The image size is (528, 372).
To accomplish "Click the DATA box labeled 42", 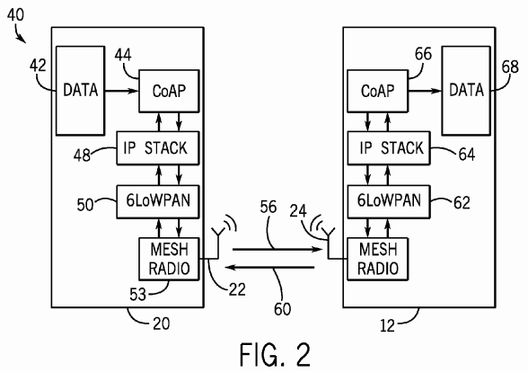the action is coord(80,91).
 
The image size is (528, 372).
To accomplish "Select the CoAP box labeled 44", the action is coord(169,91).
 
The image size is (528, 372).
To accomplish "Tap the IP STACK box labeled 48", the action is coord(158,148).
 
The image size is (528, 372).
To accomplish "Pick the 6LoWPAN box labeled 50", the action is coord(158,201).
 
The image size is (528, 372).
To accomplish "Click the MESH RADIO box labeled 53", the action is coord(169,259).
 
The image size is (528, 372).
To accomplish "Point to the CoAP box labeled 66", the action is coord(377,91).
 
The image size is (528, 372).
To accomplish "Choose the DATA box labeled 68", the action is coord(466,91).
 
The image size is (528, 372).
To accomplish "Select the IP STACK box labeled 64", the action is coord(389,148).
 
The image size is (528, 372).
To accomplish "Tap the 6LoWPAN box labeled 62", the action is coord(389,201).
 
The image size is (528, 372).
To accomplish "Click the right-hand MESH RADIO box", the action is coord(377,259).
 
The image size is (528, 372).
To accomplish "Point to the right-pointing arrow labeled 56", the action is coord(277,250).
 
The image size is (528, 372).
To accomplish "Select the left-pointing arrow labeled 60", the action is coord(270,267).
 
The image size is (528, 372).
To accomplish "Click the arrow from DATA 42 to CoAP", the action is coord(121,91).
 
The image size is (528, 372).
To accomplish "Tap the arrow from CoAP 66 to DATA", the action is coord(425,91).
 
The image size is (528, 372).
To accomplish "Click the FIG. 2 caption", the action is coord(275,355).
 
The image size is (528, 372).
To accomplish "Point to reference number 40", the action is coord(15,14).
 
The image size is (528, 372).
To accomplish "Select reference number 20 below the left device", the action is coord(162,323).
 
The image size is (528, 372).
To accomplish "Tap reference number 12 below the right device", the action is coord(387,326).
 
